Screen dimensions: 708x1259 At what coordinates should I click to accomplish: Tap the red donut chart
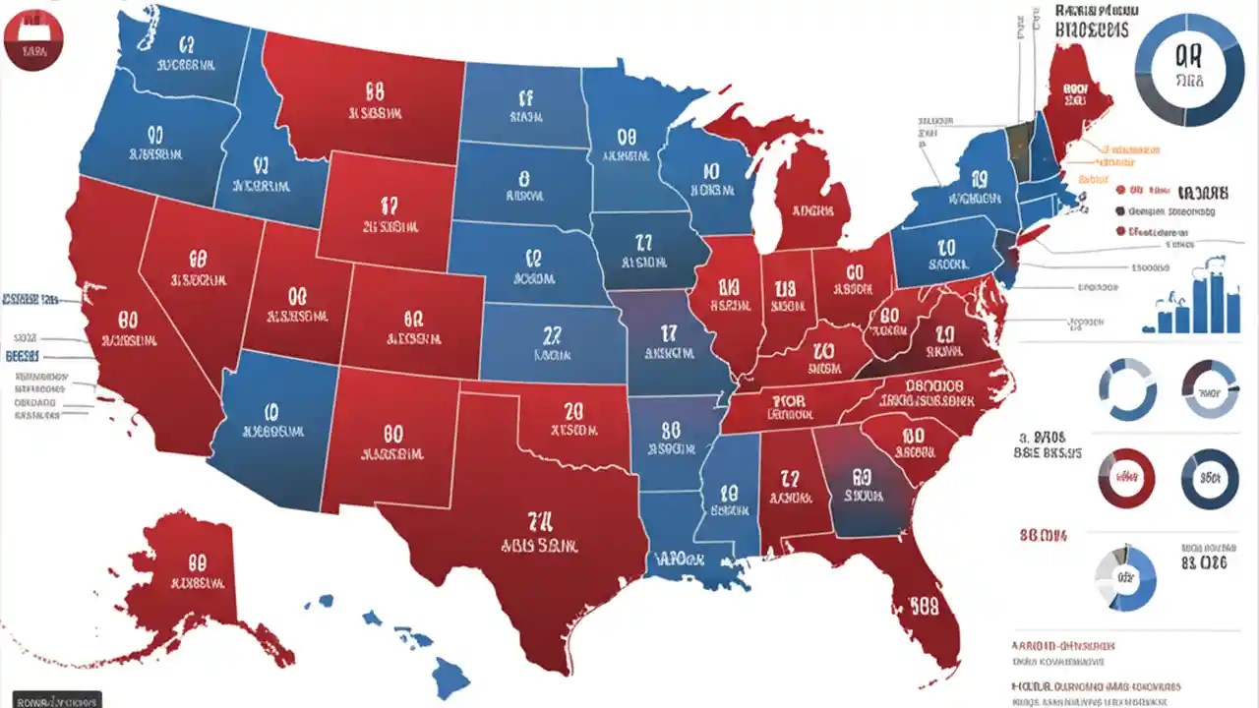click(x=1127, y=479)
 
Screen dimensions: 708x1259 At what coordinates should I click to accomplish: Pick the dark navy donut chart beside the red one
click(x=1209, y=479)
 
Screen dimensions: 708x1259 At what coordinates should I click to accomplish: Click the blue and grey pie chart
click(x=1126, y=579)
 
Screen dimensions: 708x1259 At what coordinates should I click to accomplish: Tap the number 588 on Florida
click(x=924, y=604)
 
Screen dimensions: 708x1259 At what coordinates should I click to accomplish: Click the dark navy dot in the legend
click(x=1120, y=210)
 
